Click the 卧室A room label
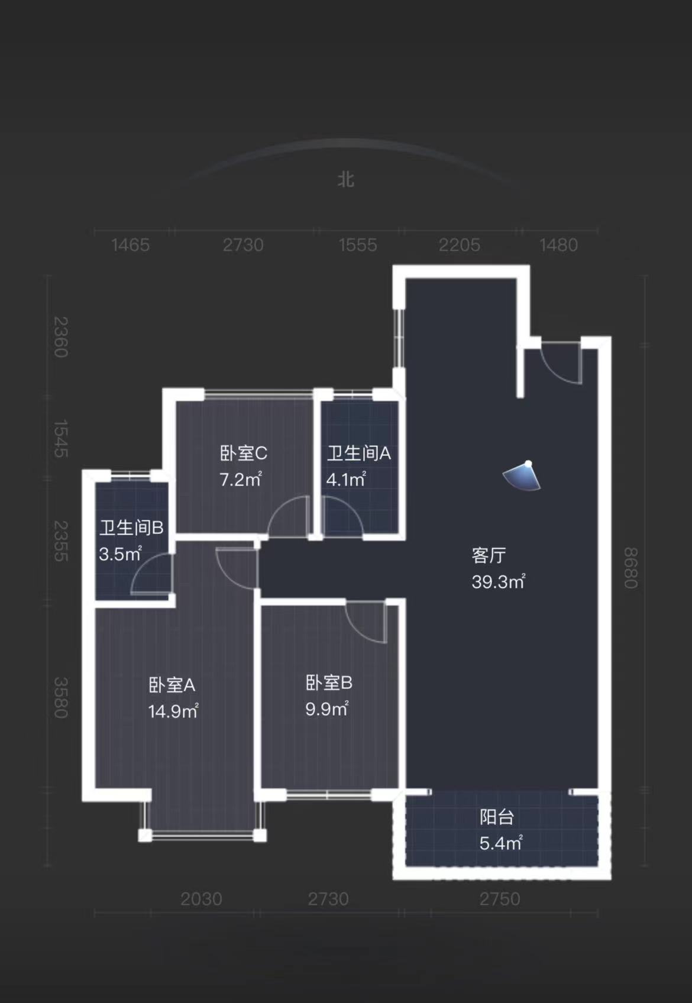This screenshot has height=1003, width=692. click(x=172, y=685)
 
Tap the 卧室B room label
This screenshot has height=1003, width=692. click(x=329, y=683)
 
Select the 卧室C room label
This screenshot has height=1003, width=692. click(x=243, y=454)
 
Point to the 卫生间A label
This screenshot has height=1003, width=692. click(x=359, y=454)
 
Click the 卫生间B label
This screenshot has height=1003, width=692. click(x=131, y=528)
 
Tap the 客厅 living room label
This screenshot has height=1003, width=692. click(x=489, y=555)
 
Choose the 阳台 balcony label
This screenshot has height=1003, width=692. click(x=496, y=817)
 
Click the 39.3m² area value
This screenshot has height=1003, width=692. click(x=498, y=582)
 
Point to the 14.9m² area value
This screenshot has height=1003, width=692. click(x=173, y=711)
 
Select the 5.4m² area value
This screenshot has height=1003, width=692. click(x=500, y=843)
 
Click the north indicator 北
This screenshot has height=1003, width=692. click(x=346, y=179)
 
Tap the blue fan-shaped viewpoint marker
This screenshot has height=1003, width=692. click(x=523, y=476)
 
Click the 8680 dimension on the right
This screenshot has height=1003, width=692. click(x=630, y=568)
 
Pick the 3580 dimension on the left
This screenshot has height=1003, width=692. click(x=61, y=698)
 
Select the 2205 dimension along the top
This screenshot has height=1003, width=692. click(x=459, y=245)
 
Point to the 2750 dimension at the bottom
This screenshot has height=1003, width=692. click(x=500, y=899)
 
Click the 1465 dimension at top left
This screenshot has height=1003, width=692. click(x=130, y=245)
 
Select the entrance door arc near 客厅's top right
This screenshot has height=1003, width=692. click(x=562, y=364)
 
